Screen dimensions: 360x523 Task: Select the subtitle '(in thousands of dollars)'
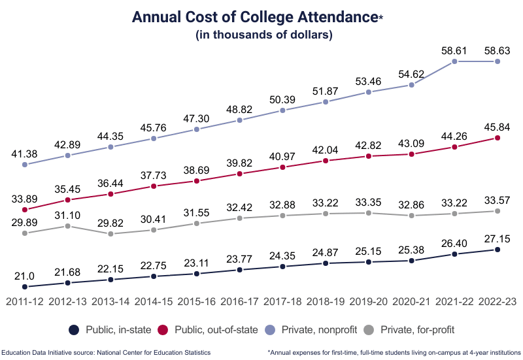point(264,35)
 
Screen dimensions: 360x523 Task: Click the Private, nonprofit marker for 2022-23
point(498,61)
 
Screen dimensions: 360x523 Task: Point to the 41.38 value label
point(25,153)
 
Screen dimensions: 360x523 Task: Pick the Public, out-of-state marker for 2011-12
point(25,210)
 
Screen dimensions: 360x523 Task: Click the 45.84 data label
point(498,125)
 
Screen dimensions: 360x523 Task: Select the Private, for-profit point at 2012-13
point(68,226)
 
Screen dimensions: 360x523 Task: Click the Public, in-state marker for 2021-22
point(454,254)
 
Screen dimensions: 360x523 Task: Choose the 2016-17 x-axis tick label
point(240,302)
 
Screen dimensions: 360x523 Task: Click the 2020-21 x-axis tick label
point(411,302)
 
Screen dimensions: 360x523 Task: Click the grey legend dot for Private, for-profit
point(370,330)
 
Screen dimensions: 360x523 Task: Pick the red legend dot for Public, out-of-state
point(164,330)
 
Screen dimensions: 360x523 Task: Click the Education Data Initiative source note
point(106,352)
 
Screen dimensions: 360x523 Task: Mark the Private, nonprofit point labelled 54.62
point(411,85)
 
